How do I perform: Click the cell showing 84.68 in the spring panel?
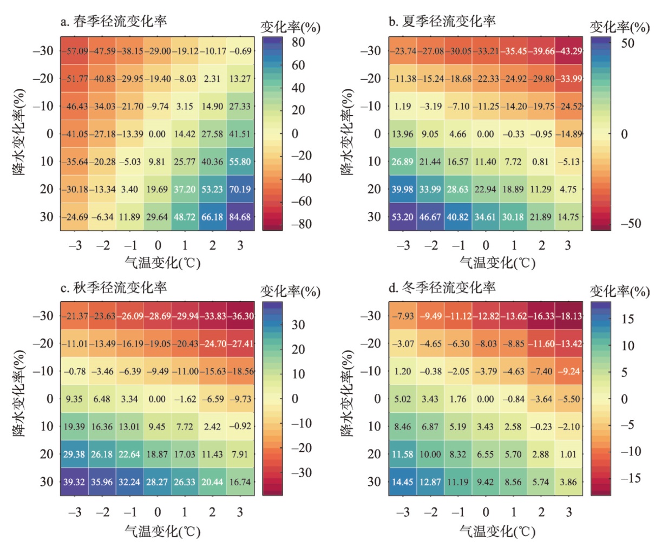pyautogui.click(x=240, y=217)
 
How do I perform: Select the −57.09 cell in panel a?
pyautogui.click(x=75, y=51)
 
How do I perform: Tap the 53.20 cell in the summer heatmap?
pyautogui.click(x=402, y=217)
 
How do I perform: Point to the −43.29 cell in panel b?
pyautogui.click(x=568, y=51)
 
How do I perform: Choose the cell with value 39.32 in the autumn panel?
pyautogui.click(x=74, y=482)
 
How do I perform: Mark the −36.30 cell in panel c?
pyautogui.click(x=240, y=316)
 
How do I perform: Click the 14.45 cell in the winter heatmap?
pyautogui.click(x=402, y=482)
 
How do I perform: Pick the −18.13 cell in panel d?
pyautogui.click(x=568, y=316)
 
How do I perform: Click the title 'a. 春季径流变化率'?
pyautogui.click(x=114, y=22)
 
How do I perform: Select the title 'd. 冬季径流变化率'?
pyautogui.click(x=442, y=288)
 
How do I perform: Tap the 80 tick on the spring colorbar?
pyautogui.click(x=298, y=43)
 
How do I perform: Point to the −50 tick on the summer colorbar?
pyautogui.click(x=630, y=224)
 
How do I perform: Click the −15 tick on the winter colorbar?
pyautogui.click(x=630, y=478)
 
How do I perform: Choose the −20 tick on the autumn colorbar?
pyautogui.click(x=300, y=448)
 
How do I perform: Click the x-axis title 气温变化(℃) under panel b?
pyautogui.click(x=497, y=263)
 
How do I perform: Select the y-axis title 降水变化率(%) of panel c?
pyautogui.click(x=19, y=394)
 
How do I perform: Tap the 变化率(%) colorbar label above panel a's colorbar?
pyautogui.click(x=290, y=28)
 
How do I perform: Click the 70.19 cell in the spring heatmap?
pyautogui.click(x=240, y=190)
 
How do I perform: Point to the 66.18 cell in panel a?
pyautogui.click(x=212, y=217)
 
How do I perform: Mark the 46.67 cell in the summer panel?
pyautogui.click(x=430, y=217)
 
